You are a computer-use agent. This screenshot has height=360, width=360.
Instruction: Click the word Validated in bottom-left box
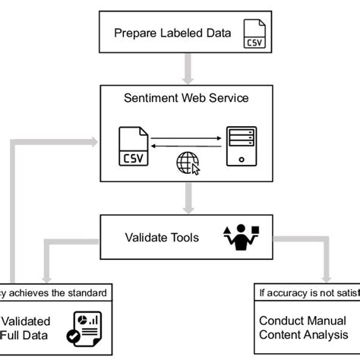(x=26, y=321)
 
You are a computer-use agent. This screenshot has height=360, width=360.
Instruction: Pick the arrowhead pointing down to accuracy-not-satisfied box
(x=328, y=276)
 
